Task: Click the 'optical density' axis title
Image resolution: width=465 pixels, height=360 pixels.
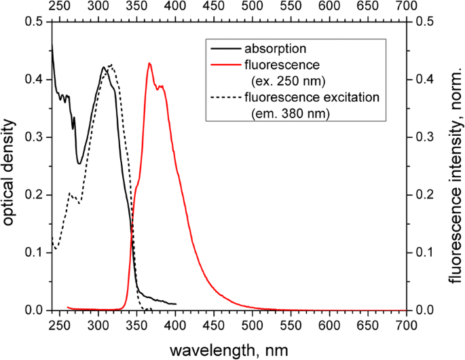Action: coord(9,166)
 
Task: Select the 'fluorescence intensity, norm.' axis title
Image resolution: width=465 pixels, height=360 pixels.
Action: coord(454,166)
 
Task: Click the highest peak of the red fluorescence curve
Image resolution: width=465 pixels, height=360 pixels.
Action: coord(149,63)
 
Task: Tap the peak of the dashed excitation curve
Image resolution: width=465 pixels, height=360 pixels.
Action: coord(111,65)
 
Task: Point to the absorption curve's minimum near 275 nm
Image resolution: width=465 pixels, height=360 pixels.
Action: coord(79,163)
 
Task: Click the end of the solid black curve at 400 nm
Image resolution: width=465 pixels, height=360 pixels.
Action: coord(175,304)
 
